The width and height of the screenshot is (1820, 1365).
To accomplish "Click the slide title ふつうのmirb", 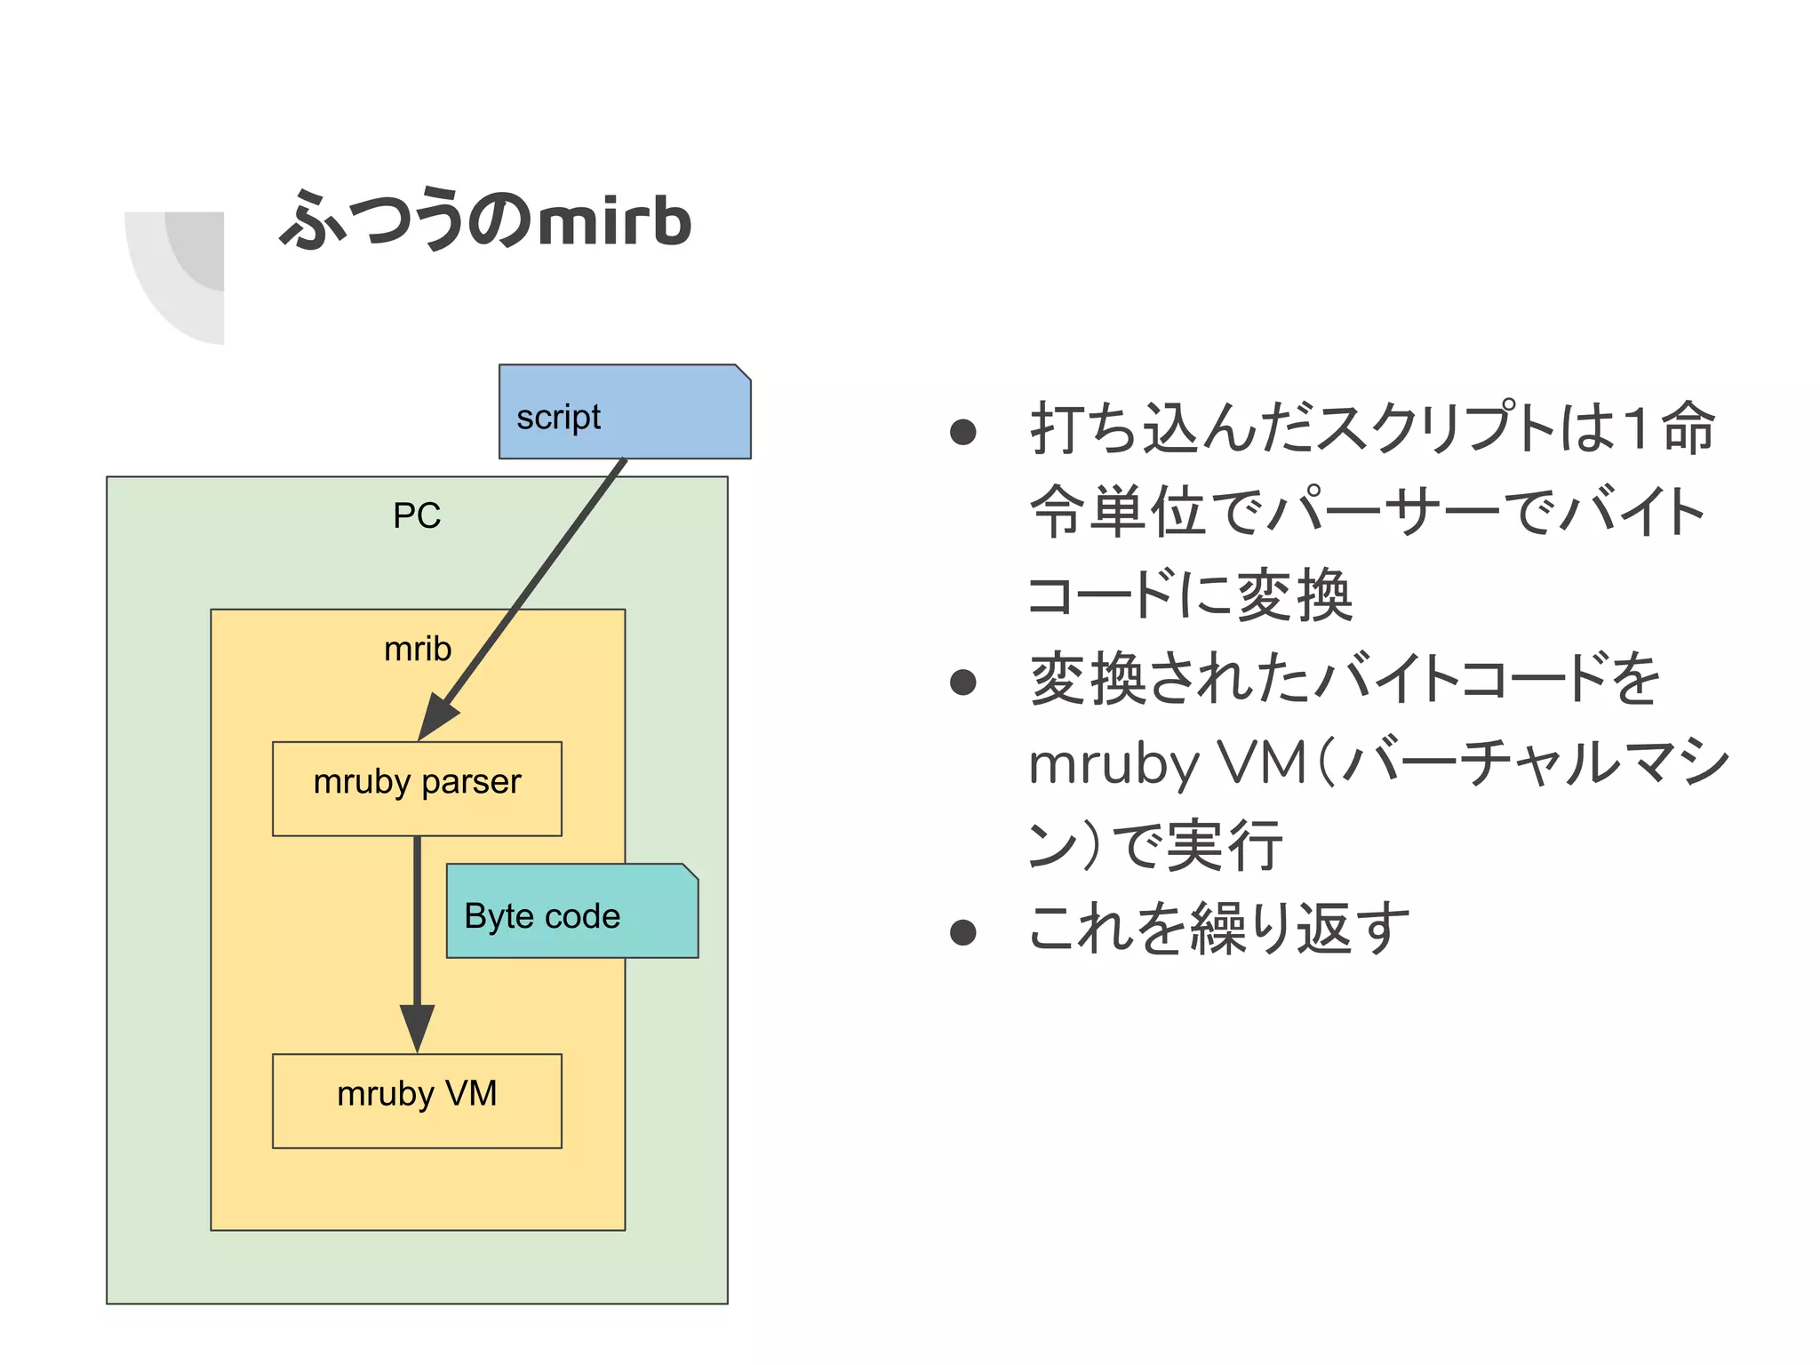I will (485, 220).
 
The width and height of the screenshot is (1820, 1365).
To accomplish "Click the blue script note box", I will (624, 412).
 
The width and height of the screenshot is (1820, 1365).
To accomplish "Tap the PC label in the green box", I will (417, 516).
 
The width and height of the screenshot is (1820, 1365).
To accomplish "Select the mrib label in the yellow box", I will (417, 650).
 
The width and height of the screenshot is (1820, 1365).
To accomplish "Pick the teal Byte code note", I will (571, 912).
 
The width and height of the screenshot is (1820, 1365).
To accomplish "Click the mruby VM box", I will (417, 1100).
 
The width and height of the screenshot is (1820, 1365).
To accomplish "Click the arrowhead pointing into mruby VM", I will (417, 1026).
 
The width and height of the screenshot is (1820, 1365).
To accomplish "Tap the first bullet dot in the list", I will (962, 433).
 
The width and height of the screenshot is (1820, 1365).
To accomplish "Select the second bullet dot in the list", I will (962, 682).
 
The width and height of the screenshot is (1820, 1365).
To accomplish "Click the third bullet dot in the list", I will (962, 932).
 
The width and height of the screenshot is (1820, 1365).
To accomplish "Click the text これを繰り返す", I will (1218, 929).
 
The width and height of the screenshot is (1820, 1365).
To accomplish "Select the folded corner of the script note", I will (743, 372).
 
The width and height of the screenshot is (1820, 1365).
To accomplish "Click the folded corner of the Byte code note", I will (690, 872).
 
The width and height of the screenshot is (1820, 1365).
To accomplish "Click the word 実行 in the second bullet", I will (1225, 846).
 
